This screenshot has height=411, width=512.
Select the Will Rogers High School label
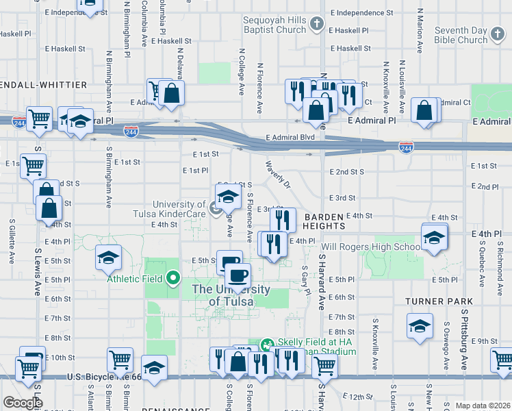pos(370,247)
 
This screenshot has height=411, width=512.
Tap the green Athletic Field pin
pos(173,279)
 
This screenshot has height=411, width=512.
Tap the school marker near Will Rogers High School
pos(434,238)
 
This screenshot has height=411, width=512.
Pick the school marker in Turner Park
pos(420,326)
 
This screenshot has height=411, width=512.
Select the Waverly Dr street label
pos(279,175)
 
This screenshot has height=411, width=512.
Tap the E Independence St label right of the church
pos(361,13)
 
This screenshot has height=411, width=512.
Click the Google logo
pos(23,402)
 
